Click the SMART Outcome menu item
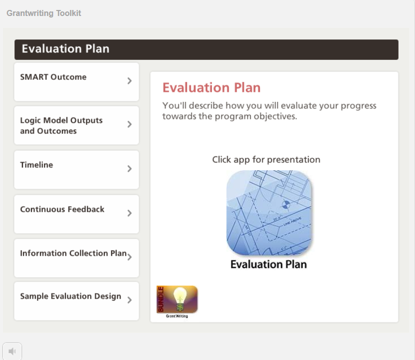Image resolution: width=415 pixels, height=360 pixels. (76, 82)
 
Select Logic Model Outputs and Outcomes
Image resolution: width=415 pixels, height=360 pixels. (76, 125)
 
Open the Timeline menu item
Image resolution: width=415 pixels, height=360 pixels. (76, 170)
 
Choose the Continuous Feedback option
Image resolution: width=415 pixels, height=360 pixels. (76, 214)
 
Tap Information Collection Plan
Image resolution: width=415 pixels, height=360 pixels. (76, 258)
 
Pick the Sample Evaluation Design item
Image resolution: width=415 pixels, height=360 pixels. (76, 301)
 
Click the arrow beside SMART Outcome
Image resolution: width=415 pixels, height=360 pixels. (129, 81)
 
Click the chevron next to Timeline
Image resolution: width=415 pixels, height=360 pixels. (129, 169)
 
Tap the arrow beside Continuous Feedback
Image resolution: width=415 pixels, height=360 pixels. (129, 213)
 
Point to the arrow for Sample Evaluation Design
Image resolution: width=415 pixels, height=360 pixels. (129, 300)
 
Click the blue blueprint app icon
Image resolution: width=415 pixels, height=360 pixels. (269, 213)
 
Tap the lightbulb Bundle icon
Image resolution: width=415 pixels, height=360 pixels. (177, 300)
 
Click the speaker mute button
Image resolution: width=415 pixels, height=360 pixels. (12, 351)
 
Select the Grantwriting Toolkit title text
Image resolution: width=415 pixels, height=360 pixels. (44, 13)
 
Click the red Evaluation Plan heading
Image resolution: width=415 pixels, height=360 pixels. (211, 88)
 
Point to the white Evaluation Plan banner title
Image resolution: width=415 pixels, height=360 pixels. (65, 49)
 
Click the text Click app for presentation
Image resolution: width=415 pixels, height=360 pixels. (266, 160)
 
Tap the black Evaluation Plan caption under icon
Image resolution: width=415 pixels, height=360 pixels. (269, 264)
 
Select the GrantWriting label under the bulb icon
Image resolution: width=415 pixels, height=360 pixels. (177, 316)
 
